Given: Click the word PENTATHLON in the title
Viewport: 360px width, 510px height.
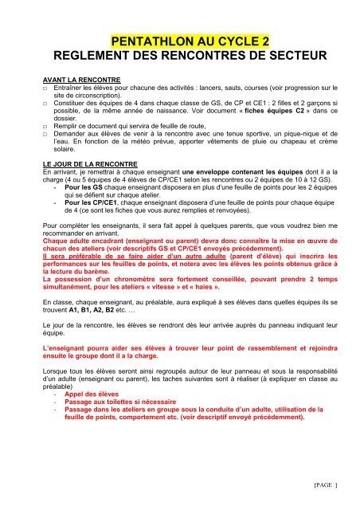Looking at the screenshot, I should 141,40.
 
